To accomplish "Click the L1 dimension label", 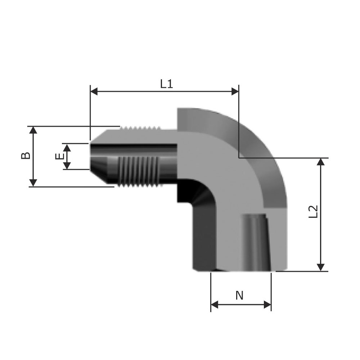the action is (166, 84).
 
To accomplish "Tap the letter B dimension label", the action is (26, 156).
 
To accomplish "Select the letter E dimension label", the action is (59, 156).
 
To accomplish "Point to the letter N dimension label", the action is (239, 296).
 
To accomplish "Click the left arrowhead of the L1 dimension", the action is (94, 91).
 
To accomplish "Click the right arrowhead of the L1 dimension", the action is (235, 91).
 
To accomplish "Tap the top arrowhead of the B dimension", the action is (33, 130).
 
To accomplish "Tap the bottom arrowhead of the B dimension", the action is (33, 183).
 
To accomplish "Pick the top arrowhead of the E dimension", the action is (67, 148).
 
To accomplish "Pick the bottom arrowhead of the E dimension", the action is (67, 166).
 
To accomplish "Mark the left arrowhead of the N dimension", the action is (215, 305).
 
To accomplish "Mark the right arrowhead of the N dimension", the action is (267, 305).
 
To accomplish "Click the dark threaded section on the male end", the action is (138, 171).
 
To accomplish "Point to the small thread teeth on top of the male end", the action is (140, 128).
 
